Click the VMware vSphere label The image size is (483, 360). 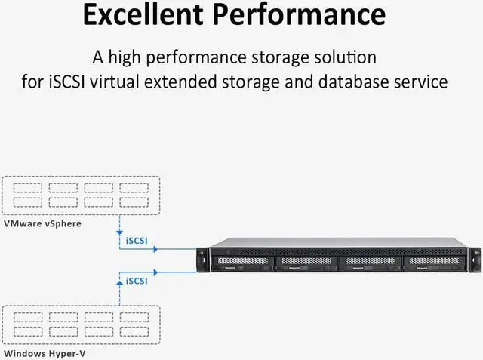coord(42,223)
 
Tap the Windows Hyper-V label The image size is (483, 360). coord(45,353)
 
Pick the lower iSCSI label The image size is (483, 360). coord(137,281)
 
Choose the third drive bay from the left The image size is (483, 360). coord(368,263)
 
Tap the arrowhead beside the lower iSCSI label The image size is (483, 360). coord(155,270)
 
